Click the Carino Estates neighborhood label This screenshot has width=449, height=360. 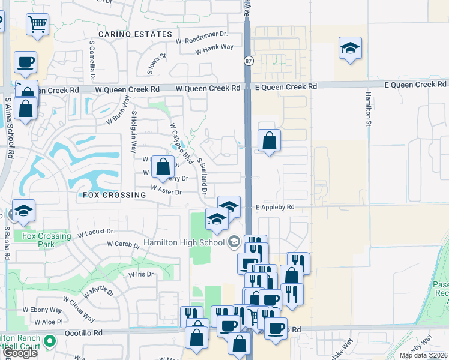click(136, 34)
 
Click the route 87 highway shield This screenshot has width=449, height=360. click(249, 61)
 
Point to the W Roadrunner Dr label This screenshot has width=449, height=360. click(202, 37)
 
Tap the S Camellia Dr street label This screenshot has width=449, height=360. click(93, 60)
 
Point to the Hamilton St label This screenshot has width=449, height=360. click(368, 107)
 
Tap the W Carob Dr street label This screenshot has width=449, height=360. click(124, 244)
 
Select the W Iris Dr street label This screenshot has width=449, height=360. click(140, 274)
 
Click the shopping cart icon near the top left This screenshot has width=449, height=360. click(37, 25)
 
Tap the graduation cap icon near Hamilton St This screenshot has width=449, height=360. click(350, 48)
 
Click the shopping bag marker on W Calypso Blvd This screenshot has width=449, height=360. click(163, 167)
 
